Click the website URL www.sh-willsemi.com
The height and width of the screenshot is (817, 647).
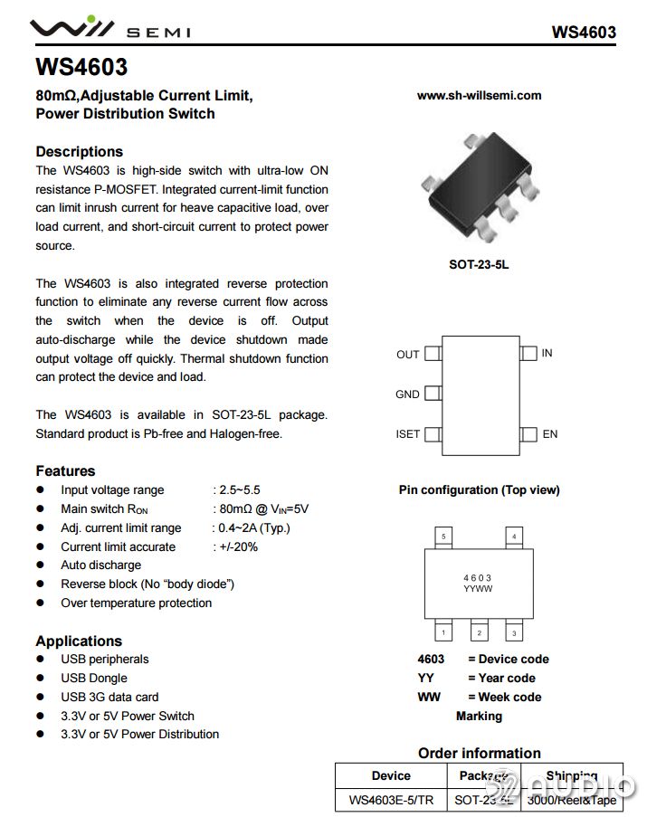(x=479, y=95)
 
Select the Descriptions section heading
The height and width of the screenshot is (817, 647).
(x=79, y=151)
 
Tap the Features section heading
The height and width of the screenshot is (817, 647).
(x=65, y=470)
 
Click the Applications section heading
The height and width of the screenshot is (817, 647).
(x=79, y=641)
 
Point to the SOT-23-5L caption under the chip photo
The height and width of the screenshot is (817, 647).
(x=479, y=265)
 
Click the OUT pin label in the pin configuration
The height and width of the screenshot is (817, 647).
(x=407, y=355)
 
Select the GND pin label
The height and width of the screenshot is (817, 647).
(x=407, y=394)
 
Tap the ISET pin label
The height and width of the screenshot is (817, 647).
(x=407, y=434)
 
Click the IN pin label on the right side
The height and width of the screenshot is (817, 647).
(x=547, y=353)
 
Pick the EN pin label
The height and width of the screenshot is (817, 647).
(x=549, y=434)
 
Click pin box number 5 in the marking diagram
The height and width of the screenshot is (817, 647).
(x=443, y=537)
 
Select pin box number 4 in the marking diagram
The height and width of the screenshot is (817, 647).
(x=514, y=537)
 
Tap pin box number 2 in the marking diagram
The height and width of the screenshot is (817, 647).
(x=479, y=632)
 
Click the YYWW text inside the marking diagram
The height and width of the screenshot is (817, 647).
(x=478, y=588)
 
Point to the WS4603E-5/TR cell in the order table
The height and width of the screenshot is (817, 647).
(x=391, y=800)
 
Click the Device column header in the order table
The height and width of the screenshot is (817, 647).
(x=391, y=775)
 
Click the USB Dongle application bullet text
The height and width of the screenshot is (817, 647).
(x=94, y=678)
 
